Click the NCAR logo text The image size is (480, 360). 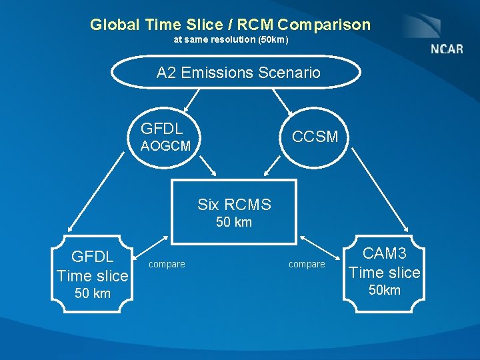point(447,49)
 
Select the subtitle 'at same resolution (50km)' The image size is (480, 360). point(231,40)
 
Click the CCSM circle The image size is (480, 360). point(315,137)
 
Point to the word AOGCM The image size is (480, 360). point(165,146)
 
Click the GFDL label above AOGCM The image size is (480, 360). point(161,129)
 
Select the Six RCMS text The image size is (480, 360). point(234,204)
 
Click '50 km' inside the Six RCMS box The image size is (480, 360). point(234,223)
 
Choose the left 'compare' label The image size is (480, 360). point(167,265)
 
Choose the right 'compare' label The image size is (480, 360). point(307,265)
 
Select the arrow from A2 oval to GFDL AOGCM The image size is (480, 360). point(193,100)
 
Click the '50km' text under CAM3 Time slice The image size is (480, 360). point(385,290)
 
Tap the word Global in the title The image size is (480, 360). point(114,25)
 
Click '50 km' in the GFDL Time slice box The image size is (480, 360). point(93,294)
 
